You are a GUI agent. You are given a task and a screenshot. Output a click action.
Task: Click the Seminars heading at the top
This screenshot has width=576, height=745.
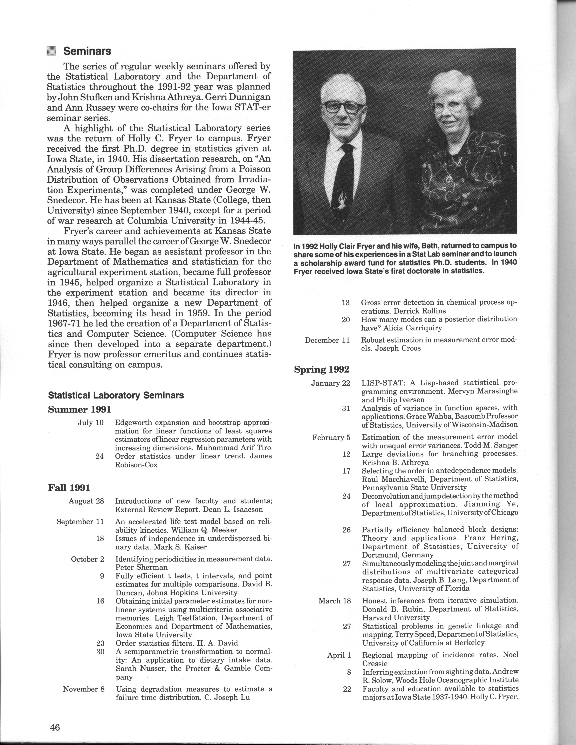coord(87,51)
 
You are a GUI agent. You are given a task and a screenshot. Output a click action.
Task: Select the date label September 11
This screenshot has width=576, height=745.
coord(80,522)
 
